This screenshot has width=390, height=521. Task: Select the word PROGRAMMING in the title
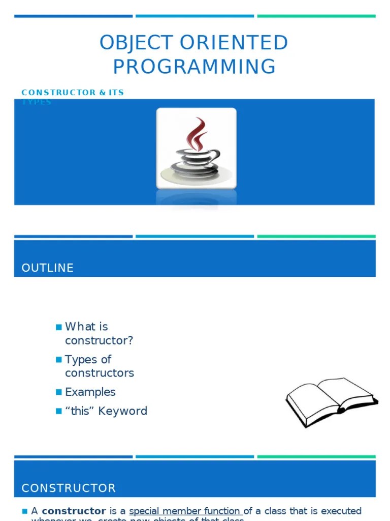click(x=194, y=67)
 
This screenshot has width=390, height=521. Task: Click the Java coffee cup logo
click(x=196, y=149)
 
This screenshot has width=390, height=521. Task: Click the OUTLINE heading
click(x=48, y=268)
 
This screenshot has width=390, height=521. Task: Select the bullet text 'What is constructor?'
click(x=99, y=333)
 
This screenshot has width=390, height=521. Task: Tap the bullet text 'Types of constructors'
click(x=99, y=366)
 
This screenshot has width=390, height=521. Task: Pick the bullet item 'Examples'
click(x=90, y=392)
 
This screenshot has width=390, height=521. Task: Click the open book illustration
click(x=332, y=401)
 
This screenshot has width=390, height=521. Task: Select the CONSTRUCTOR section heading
click(x=69, y=488)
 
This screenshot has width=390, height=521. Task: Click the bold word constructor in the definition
click(x=74, y=511)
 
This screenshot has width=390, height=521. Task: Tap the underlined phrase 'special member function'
click(x=186, y=511)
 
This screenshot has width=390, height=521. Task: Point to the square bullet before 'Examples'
click(x=58, y=392)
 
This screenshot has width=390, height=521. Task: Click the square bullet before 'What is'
click(x=58, y=327)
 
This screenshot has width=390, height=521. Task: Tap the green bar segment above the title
click(x=316, y=16)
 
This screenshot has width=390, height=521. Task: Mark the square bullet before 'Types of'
click(x=58, y=360)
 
